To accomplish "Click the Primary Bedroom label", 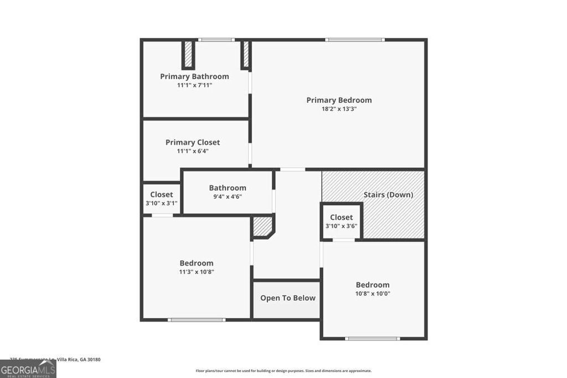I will click(339, 100).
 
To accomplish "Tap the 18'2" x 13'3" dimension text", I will click(339, 109).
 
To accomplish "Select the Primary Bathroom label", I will click(194, 76).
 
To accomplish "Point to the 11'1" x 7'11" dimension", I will click(194, 85).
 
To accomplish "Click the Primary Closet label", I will click(193, 142).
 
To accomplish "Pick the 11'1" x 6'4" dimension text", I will click(193, 151).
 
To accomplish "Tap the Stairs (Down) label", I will click(388, 195).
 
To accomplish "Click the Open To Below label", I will click(288, 298).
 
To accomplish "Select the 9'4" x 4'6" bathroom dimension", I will click(228, 196).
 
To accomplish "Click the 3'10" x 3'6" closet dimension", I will click(342, 226).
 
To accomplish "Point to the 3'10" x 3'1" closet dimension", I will click(162, 203).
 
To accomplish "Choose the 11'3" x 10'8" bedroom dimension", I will click(196, 272).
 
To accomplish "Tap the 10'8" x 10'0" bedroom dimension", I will click(373, 294).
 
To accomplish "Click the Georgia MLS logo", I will click(28, 369).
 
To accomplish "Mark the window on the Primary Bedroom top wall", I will click(354, 40).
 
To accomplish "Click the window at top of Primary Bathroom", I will click(217, 40).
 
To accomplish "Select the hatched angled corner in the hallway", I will click(262, 227).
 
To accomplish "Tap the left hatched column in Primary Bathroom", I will click(188, 54).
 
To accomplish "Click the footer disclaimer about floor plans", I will click(283, 371).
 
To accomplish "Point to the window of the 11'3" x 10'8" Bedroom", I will click(197, 319).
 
